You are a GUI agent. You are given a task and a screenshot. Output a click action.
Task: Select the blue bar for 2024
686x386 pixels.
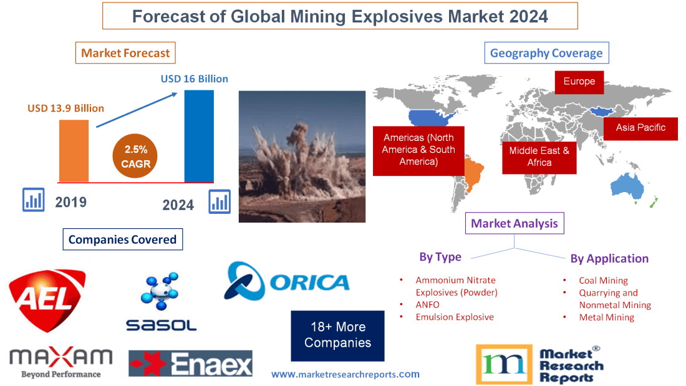point(199,136)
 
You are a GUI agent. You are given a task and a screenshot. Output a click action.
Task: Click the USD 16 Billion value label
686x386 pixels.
point(194,79)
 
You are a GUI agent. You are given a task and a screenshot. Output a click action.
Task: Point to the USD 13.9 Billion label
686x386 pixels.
point(65,108)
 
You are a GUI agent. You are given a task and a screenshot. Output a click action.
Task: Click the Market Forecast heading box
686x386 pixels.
point(125,53)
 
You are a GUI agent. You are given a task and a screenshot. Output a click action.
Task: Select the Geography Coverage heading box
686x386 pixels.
point(546,53)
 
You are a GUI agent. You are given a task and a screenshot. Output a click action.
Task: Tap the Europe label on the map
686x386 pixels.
point(579,82)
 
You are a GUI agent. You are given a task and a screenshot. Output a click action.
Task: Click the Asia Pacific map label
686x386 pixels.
point(640,128)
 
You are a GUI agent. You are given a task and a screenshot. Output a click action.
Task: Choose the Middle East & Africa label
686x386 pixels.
point(539,157)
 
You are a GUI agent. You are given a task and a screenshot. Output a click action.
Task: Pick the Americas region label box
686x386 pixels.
point(418,150)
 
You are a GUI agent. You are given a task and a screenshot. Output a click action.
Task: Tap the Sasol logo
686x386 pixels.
point(161,302)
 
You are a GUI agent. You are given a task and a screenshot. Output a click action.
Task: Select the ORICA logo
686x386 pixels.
point(287,281)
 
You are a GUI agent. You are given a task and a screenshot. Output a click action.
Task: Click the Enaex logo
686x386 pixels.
point(190,364)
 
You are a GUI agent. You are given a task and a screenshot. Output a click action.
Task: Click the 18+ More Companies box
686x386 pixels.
point(337,335)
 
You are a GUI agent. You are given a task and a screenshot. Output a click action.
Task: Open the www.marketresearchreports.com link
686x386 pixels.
point(345,374)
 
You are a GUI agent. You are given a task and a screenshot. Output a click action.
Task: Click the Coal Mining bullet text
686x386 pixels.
point(603,281)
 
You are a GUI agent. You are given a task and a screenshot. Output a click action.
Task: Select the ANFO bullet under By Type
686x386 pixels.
point(427,305)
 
